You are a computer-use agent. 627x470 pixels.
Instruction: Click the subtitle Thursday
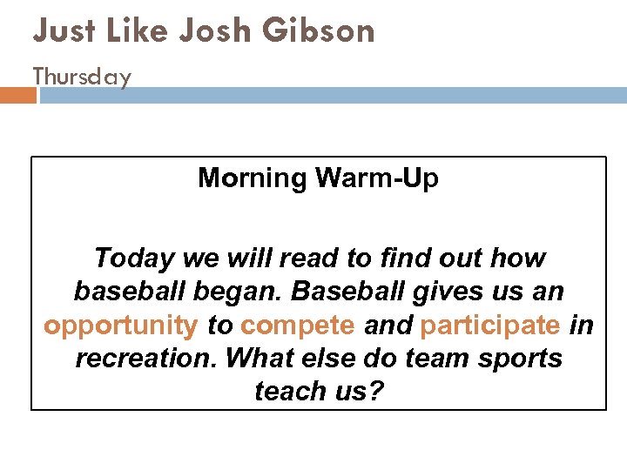(x=82, y=77)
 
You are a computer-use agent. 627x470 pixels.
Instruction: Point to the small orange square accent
(x=17, y=94)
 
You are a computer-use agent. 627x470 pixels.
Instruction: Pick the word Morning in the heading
(x=253, y=178)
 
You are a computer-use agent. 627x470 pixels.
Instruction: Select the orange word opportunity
(x=121, y=326)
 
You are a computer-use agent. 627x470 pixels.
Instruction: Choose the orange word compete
(x=298, y=326)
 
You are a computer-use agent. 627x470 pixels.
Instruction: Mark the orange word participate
(x=489, y=326)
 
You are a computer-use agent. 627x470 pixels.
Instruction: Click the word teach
(x=287, y=392)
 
